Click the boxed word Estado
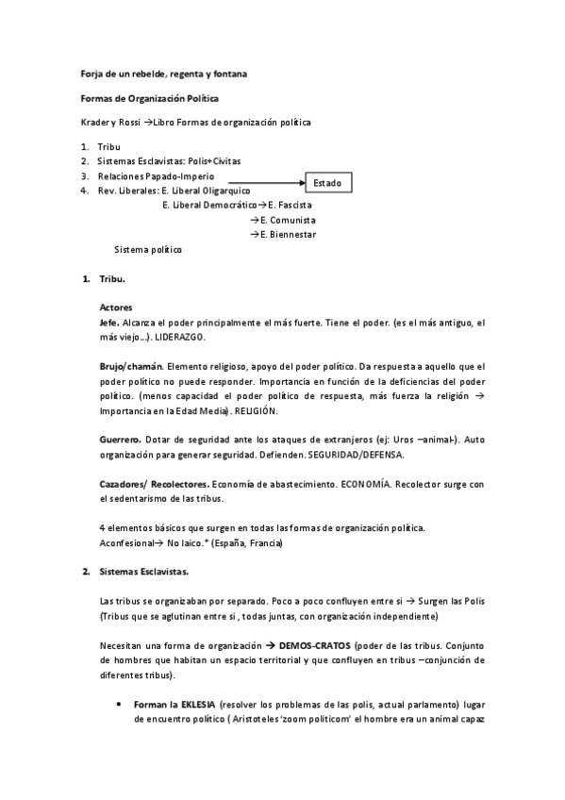point(327,181)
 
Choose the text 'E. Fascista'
point(291,205)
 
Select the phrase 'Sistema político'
point(148,250)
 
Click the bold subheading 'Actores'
point(116,308)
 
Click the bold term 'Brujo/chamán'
point(131,366)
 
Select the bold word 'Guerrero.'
point(122,440)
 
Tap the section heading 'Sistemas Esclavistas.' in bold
point(144,572)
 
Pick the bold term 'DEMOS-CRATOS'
point(304,645)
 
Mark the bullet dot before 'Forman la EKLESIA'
point(116,705)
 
